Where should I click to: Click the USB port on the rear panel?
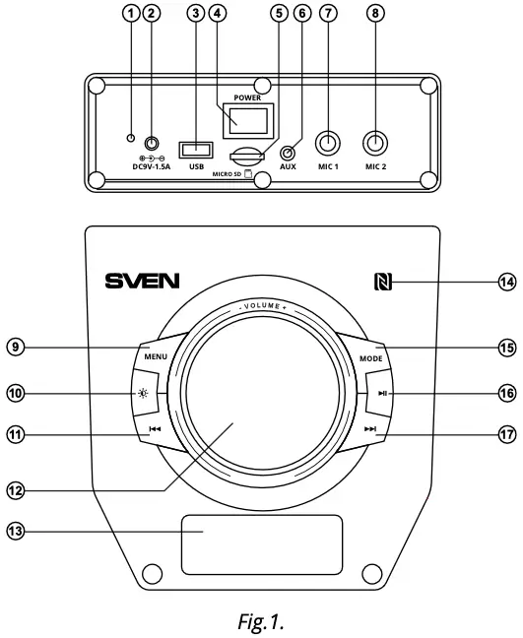pyautogui.click(x=196, y=151)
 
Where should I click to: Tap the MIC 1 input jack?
pyautogui.click(x=328, y=143)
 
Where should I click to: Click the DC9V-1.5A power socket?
pyautogui.click(x=153, y=144)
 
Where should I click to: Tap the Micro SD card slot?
pyautogui.click(x=246, y=156)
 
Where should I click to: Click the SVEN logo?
pyautogui.click(x=143, y=282)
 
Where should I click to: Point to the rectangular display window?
pyautogui.click(x=262, y=544)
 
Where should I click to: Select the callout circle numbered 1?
pyautogui.click(x=127, y=13)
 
